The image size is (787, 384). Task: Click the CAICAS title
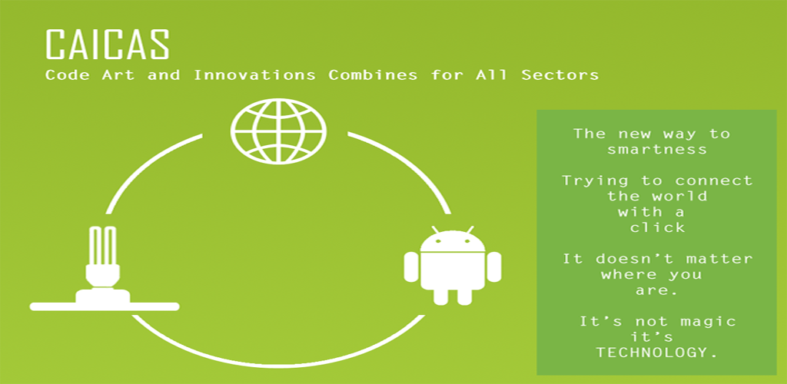pyautogui.click(x=107, y=45)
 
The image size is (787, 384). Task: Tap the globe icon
pyautogui.click(x=278, y=131)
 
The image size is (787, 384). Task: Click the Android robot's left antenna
pyautogui.click(x=435, y=230)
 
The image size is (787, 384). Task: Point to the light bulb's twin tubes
pyautogui.click(x=103, y=247)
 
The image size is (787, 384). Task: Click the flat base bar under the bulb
pyautogui.click(x=105, y=306)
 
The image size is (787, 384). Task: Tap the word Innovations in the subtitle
pyautogui.click(x=254, y=75)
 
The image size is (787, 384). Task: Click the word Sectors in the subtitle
pyautogui.click(x=560, y=75)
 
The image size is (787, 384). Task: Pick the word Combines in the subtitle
pyautogui.click(x=373, y=75)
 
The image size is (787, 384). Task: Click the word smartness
pyautogui.click(x=657, y=149)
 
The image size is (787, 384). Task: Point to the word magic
pyautogui.click(x=708, y=321)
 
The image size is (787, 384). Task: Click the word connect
pyautogui.click(x=714, y=180)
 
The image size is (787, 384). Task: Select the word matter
pyautogui.click(x=719, y=259)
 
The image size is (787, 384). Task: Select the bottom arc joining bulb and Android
pyautogui.click(x=278, y=357)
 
